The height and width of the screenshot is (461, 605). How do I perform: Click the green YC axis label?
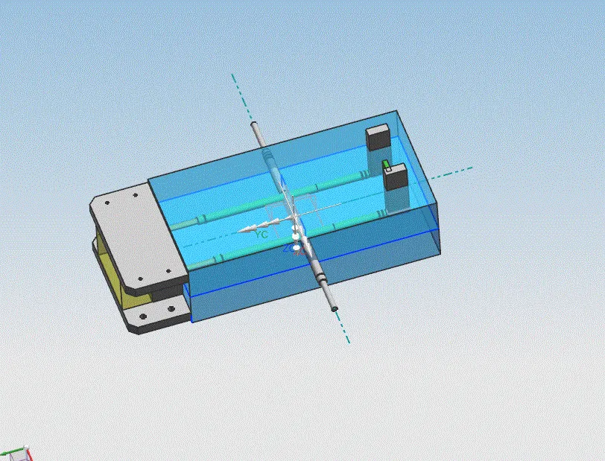261,234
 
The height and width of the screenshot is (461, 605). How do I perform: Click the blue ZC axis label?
288,248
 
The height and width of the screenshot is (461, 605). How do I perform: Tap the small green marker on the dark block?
386,164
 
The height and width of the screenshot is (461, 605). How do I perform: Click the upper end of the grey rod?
255,125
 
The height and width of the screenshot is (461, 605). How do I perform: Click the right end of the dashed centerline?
471,168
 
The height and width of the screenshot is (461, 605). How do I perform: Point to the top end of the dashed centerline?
232,75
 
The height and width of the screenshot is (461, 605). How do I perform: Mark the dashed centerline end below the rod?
348,342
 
